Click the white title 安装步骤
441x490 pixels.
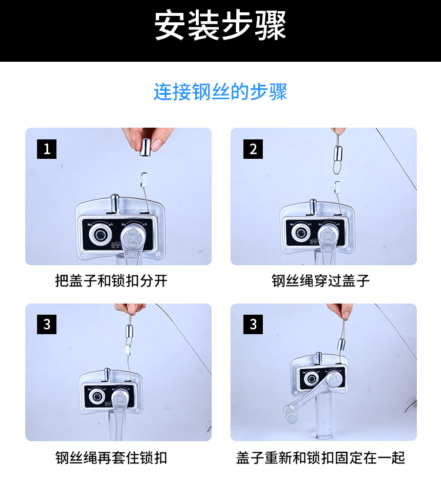point(220,26)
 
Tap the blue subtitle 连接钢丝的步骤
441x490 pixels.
point(220,92)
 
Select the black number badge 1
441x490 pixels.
point(46,149)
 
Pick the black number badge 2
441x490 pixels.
point(253,149)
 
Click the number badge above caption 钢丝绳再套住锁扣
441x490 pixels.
point(46,324)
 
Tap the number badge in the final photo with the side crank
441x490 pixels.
point(253,324)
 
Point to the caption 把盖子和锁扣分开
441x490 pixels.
point(111,281)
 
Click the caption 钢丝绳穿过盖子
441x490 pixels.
point(321,281)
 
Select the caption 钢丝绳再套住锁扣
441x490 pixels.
point(111,458)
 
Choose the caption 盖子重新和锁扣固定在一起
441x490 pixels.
point(321,458)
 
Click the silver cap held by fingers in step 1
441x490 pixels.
point(145,147)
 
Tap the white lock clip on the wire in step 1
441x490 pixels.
point(144,179)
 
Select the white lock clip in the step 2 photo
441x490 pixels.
point(338,188)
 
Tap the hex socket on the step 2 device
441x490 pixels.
point(301,232)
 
